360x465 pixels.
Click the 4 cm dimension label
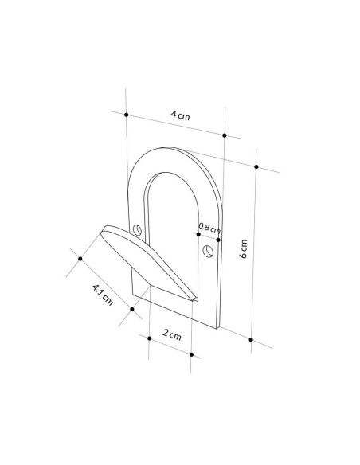click(180, 115)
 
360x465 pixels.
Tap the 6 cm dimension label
click(244, 248)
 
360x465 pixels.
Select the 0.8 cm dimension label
click(209, 229)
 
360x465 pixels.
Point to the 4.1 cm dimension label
click(103, 295)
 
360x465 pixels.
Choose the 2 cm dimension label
click(172, 334)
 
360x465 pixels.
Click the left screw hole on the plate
click(137, 230)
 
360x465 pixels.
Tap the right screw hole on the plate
click(208, 251)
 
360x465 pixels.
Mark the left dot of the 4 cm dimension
click(127, 115)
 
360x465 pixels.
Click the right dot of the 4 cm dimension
click(225, 135)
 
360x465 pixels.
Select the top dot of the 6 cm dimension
click(256, 167)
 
